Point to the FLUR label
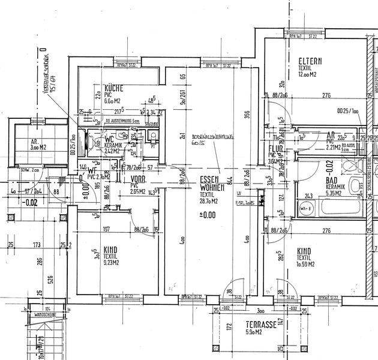276,148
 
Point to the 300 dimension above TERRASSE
260,312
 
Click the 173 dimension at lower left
38,245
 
